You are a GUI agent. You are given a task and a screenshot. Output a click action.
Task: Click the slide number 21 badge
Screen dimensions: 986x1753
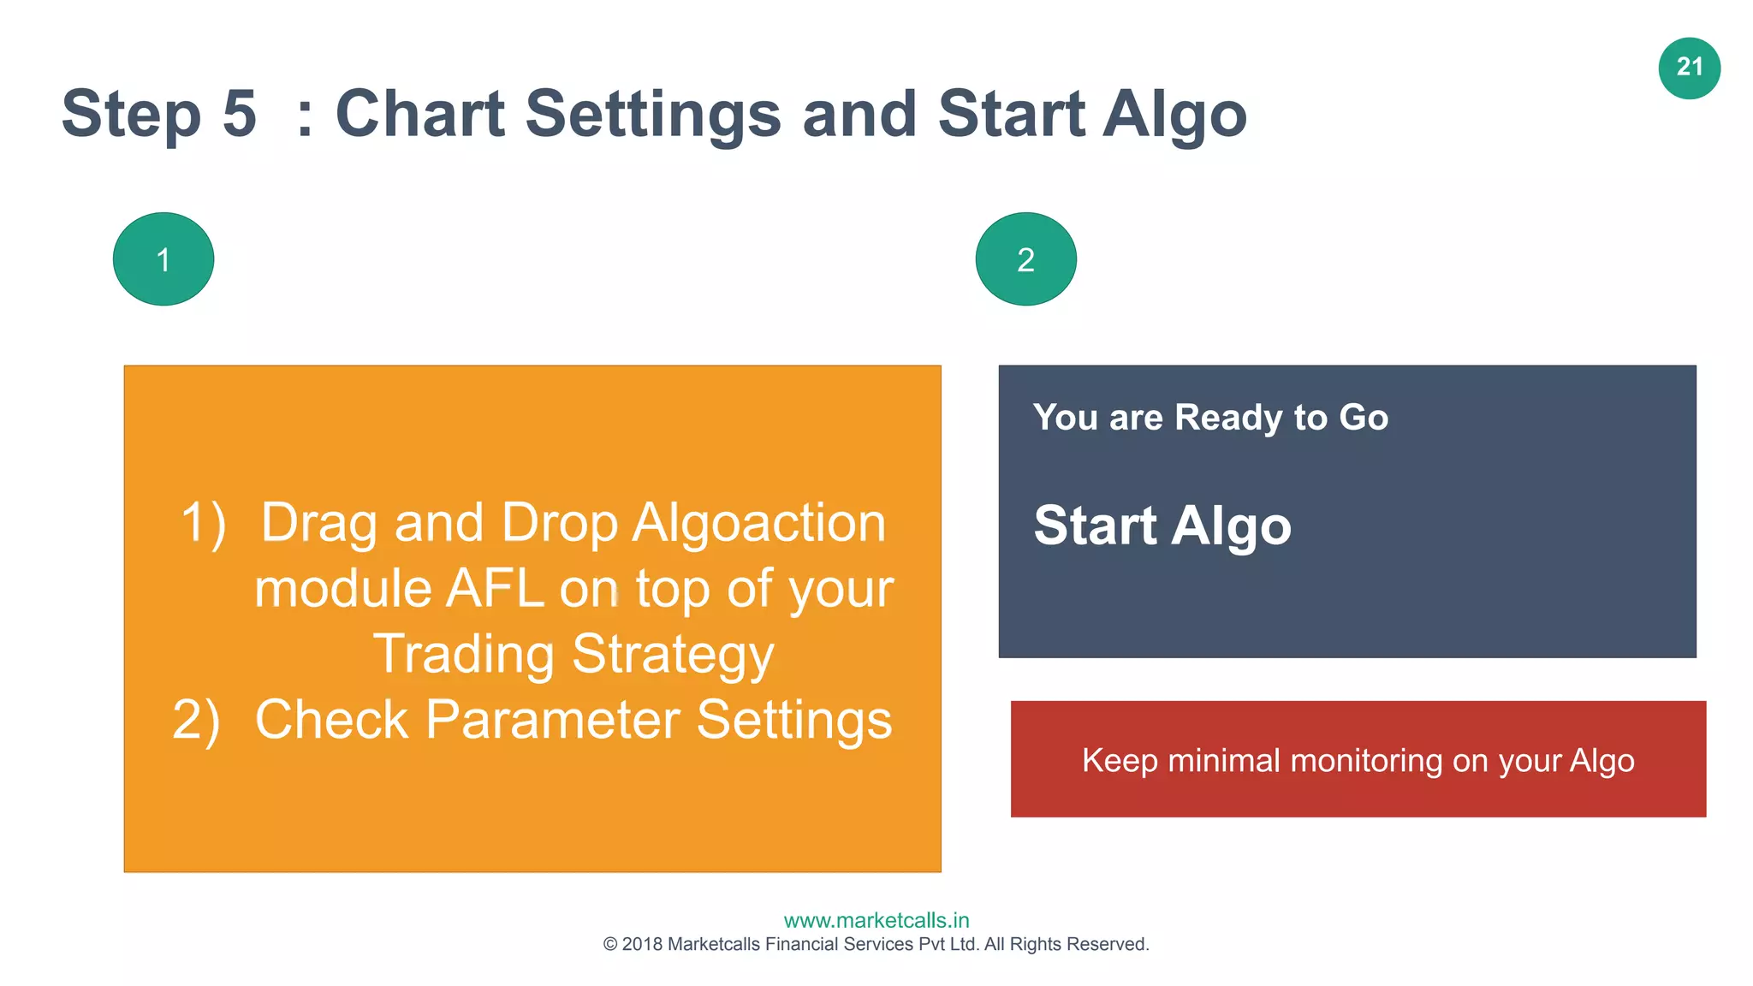(1689, 68)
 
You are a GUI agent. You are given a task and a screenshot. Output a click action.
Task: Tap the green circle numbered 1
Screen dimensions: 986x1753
(163, 259)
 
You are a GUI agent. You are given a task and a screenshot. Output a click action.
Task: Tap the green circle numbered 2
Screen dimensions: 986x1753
(1025, 259)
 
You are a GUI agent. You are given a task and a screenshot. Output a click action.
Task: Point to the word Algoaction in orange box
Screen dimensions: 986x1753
(758, 523)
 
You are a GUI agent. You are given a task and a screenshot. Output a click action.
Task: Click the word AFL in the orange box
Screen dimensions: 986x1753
(495, 589)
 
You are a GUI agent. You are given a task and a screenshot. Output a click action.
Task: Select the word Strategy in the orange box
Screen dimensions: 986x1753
(673, 655)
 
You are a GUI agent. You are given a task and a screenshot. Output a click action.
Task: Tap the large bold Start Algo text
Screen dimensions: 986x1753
(1162, 526)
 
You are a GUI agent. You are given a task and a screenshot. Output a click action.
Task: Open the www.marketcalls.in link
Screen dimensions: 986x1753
(876, 921)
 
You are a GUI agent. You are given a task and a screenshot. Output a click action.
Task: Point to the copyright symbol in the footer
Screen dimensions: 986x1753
(610, 945)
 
